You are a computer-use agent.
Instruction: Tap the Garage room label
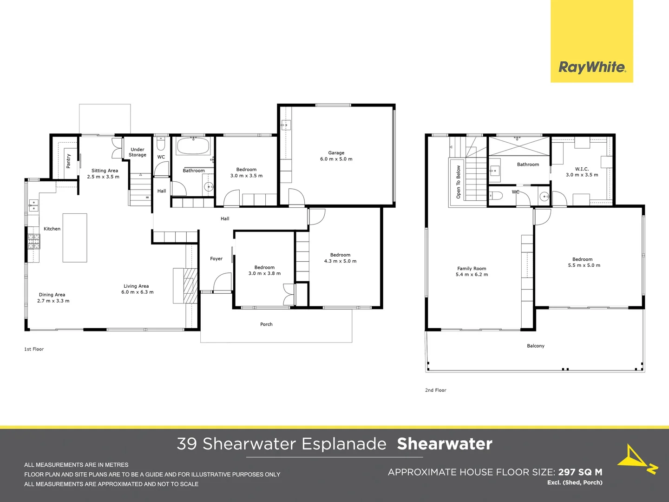coord(336,153)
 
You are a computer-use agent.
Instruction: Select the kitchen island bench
coord(75,238)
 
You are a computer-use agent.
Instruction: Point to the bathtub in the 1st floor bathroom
coord(193,146)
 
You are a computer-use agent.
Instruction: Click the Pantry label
coord(68,161)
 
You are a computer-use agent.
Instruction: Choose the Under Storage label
coord(138,152)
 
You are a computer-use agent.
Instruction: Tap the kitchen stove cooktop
coord(34,241)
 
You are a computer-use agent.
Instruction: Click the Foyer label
coord(216,259)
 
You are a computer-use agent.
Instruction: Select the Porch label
coord(266,324)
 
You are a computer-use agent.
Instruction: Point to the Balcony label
coord(536,346)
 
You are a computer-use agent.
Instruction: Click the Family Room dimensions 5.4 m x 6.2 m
coord(472,275)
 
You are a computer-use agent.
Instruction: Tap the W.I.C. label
coord(582,169)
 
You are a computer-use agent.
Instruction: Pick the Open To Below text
coord(459,182)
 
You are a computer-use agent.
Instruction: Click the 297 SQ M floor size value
coord(580,472)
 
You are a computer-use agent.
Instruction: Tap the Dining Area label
coord(52,295)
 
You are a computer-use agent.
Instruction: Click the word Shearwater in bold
coord(445,444)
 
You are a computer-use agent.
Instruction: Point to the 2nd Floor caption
coord(435,390)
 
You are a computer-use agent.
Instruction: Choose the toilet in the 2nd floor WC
coord(496,195)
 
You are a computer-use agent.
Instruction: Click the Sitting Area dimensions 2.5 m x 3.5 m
coord(103,177)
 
